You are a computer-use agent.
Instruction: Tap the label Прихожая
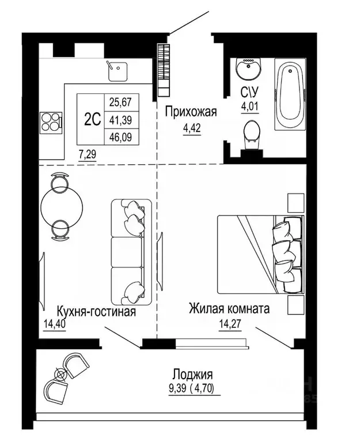coord(191,112)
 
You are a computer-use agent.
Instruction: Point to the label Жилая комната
coord(229,309)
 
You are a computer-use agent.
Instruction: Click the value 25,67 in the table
coord(121,102)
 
